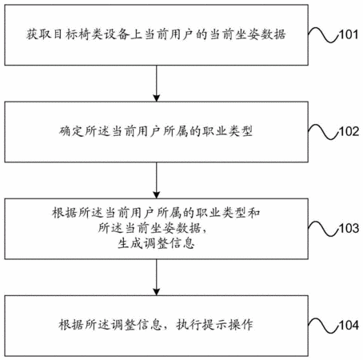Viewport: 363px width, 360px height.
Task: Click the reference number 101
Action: point(349,34)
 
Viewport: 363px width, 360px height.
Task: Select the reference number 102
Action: point(349,131)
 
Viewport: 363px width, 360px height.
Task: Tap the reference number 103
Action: point(349,229)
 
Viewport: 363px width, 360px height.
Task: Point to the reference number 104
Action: point(349,326)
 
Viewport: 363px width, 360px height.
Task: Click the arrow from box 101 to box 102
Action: point(157,83)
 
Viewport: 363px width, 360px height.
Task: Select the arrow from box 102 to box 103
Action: point(157,180)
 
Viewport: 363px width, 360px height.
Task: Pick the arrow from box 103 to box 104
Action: point(157,278)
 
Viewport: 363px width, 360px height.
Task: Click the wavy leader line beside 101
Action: point(324,34)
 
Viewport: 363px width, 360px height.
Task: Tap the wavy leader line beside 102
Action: point(324,131)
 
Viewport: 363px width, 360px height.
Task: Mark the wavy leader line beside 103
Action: point(324,229)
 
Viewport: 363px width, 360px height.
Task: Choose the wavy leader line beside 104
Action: point(324,326)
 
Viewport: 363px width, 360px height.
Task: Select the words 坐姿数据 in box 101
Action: point(261,34)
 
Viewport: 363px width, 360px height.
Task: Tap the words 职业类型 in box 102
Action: point(227,131)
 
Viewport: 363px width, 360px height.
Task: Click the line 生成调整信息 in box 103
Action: point(156,243)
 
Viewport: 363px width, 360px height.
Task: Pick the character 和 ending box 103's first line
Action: point(254,213)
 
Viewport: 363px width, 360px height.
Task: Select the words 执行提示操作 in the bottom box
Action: point(214,325)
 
